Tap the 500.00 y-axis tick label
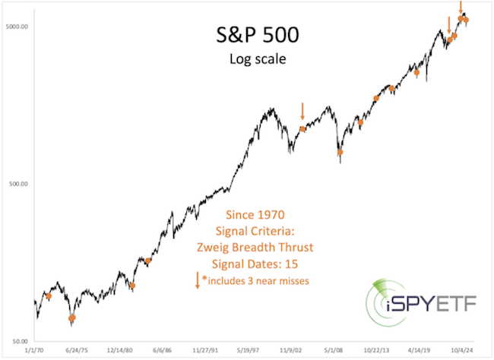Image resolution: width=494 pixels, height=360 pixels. point(17,184)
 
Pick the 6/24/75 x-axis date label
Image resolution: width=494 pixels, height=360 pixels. point(77,352)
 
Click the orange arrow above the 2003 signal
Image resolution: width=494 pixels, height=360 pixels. point(302,112)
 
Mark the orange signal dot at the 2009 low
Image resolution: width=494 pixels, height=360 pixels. point(340,152)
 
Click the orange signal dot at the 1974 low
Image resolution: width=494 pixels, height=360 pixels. point(72,318)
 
